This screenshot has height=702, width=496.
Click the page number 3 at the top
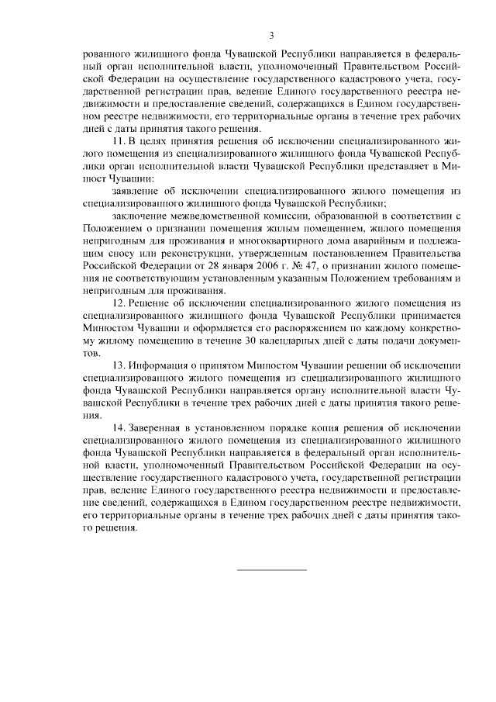(271, 35)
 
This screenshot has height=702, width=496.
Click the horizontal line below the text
(271, 570)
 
